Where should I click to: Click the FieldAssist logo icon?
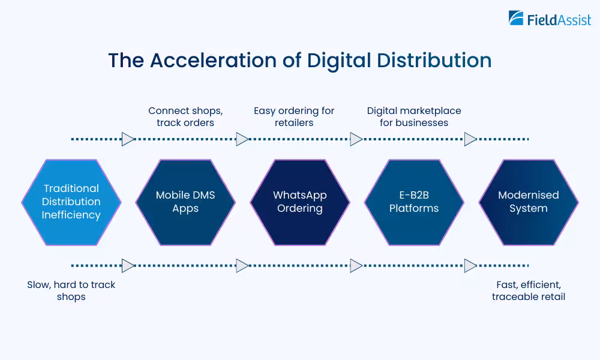[517, 19]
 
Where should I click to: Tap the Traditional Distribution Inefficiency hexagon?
[71, 202]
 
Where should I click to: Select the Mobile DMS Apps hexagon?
[185, 202]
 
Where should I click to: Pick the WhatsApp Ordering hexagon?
[300, 202]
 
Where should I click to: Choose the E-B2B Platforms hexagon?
[414, 202]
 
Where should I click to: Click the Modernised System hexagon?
[528, 202]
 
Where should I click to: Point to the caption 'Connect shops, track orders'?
[185, 116]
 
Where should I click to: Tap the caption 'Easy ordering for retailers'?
[294, 116]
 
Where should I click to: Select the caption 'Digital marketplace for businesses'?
[414, 116]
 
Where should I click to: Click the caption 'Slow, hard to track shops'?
[71, 290]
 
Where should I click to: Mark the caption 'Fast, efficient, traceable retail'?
[528, 290]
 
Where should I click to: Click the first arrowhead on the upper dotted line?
[128, 139]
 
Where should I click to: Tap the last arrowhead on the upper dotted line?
[470, 139]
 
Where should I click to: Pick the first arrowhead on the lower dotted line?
[128, 265]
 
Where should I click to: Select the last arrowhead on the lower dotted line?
[470, 265]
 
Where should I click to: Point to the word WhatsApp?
[300, 195]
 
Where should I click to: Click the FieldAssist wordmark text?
[559, 20]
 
